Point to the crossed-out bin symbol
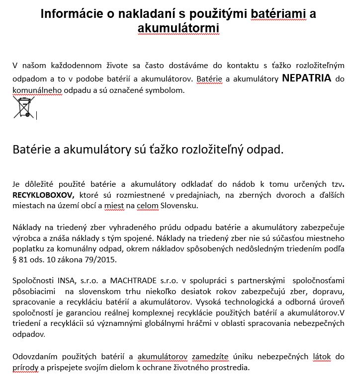[x=23, y=107]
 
